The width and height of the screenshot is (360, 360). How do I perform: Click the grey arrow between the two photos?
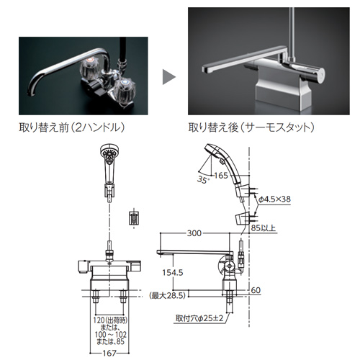click(168, 77)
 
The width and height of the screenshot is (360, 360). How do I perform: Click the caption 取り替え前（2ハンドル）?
click(72, 127)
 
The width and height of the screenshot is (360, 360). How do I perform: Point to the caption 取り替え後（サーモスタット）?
click(251, 127)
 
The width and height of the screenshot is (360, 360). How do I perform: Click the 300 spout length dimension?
click(194, 233)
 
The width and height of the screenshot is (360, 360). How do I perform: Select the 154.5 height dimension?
click(173, 272)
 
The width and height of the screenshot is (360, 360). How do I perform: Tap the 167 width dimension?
click(109, 353)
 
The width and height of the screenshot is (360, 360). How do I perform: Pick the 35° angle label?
click(202, 179)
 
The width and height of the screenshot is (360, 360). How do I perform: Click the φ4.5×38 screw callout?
click(275, 199)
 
